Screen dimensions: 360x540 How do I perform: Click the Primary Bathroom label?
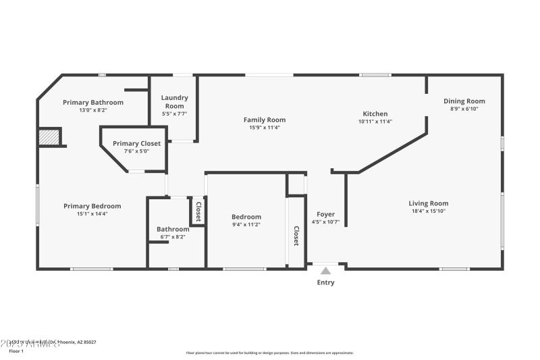[93, 102]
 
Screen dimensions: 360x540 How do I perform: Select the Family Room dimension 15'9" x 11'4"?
[265, 127]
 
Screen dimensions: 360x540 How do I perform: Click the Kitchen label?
[375, 113]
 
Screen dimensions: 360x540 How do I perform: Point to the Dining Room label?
[464, 101]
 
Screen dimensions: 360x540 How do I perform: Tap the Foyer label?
[325, 214]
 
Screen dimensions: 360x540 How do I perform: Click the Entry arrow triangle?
[325, 270]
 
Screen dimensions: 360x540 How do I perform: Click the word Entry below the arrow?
[325, 282]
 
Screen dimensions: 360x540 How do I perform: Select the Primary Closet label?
[136, 143]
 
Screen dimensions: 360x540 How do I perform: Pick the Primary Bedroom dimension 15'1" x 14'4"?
[92, 213]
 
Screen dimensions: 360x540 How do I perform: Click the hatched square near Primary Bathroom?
[49, 137]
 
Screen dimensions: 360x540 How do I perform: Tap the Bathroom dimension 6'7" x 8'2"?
[173, 237]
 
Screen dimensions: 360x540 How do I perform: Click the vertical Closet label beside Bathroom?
[198, 212]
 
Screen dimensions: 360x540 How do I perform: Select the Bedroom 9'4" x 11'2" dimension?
[246, 224]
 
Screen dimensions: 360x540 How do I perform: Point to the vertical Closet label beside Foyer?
[296, 235]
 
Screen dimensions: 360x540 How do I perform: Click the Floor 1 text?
[16, 351]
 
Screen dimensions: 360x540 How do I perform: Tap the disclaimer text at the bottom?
[269, 353]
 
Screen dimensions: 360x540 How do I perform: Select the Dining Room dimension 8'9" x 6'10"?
[464, 109]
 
